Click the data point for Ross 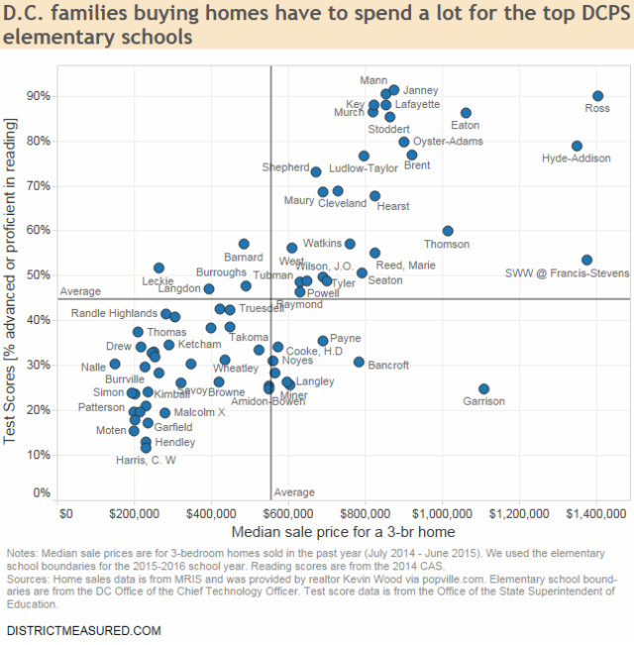point(597,96)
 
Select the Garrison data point point(483,389)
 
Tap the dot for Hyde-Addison point(577,146)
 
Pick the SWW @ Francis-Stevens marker point(586,260)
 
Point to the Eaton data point point(466,113)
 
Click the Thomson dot point(448,231)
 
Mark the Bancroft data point point(359,362)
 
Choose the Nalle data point point(115,364)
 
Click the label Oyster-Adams point(448,142)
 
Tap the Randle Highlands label point(114,313)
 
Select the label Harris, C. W point(146,460)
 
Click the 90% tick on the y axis point(39,96)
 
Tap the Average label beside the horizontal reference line point(80,291)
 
